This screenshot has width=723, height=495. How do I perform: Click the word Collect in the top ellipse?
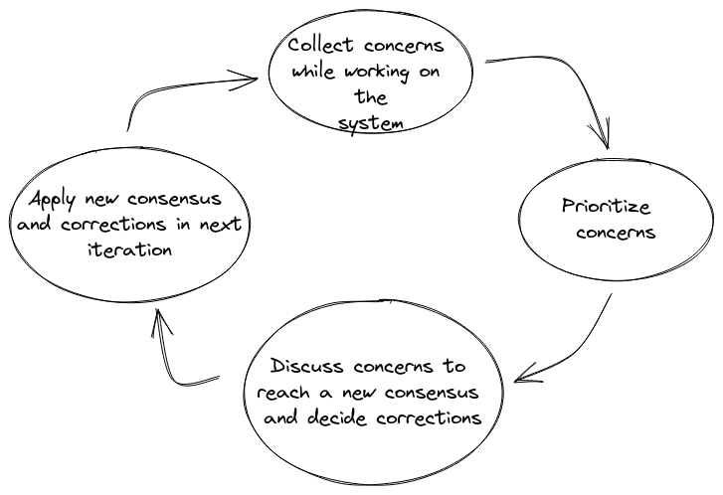pos(321,45)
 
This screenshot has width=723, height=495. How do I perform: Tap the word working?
pos(377,73)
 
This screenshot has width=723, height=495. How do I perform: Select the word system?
pos(370,124)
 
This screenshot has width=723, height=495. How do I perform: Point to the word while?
pos(313,71)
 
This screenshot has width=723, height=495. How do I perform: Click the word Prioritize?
pos(606,206)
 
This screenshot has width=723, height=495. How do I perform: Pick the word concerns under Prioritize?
pos(616,232)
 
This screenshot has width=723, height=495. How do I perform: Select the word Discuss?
pos(306,366)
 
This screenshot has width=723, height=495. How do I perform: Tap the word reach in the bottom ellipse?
pos(283,393)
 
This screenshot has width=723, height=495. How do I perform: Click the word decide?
pos(336,417)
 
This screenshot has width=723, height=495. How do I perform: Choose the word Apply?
pos(52,200)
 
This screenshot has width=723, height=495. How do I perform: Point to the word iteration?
pos(129,249)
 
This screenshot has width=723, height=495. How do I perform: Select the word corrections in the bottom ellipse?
pos(429,417)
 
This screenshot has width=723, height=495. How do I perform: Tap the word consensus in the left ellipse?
pos(174,199)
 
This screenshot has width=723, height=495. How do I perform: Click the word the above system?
pos(371,97)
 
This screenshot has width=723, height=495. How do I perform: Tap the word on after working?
pos(430,72)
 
